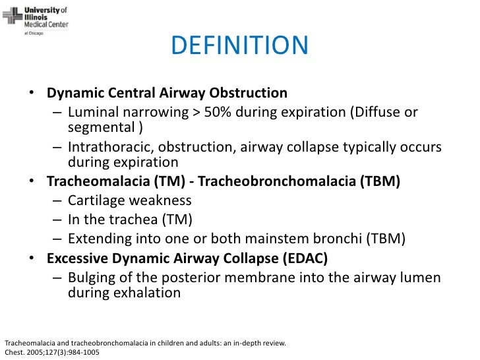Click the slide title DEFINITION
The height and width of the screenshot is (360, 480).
[239, 45]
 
